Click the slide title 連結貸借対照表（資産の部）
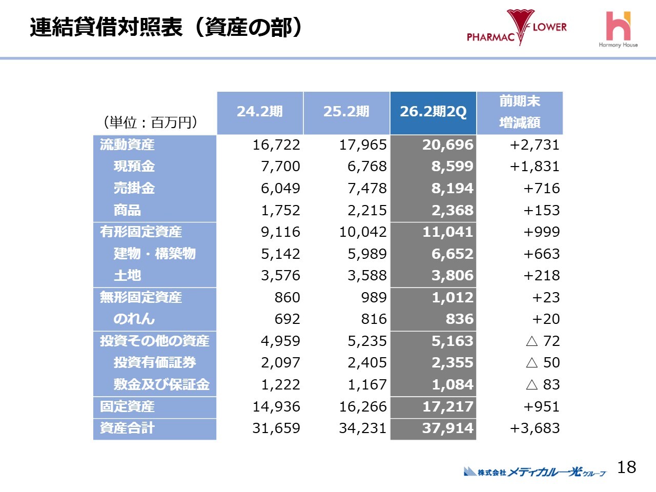tap(166, 28)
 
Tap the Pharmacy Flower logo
tap(517, 28)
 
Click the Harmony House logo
tap(618, 30)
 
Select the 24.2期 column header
tap(260, 112)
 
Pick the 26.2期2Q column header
tap(433, 112)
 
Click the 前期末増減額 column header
tap(520, 112)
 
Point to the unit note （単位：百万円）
tap(151, 122)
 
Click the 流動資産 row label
tap(127, 145)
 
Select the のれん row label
tap(134, 319)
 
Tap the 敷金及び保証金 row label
tap(161, 384)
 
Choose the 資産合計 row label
tap(127, 428)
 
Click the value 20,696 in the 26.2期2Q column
tap(447, 145)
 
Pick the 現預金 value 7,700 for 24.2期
tap(280, 167)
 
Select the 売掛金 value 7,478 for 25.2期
tap(367, 189)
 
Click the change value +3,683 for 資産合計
tap(535, 428)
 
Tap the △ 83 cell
tap(543, 384)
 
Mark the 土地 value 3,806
tap(452, 276)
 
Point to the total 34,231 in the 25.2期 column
tap(362, 428)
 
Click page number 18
tap(626, 467)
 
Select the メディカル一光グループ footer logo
tap(535, 471)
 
